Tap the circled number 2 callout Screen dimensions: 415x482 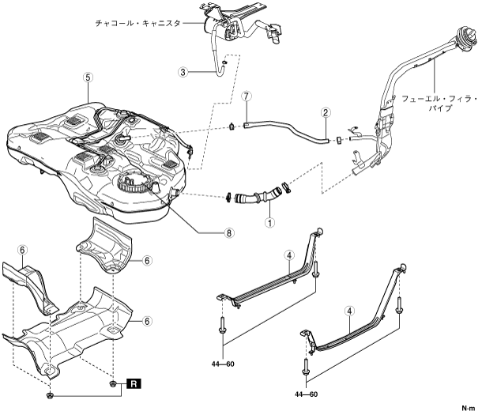click(326, 113)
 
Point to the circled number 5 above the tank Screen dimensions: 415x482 click(87, 77)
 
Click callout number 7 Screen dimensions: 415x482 click(247, 96)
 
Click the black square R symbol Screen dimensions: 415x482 click(135, 383)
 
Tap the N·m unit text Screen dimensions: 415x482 click(468, 409)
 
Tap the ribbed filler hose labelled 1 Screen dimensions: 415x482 click(254, 194)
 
